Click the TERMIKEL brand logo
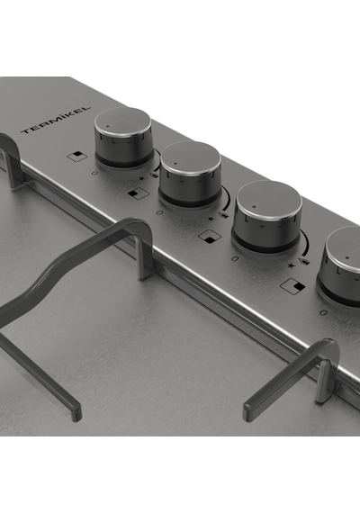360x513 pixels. click(x=56, y=120)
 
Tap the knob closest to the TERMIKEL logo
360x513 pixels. click(x=123, y=137)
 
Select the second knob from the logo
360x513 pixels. click(x=190, y=175)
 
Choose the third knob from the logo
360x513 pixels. click(x=267, y=217)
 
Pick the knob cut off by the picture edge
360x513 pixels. click(x=339, y=265)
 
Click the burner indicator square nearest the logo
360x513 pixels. click(x=76, y=156)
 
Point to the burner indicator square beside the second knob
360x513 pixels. click(x=139, y=193)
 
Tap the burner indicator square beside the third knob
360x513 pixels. click(x=210, y=237)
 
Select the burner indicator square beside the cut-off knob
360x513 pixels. click(x=292, y=286)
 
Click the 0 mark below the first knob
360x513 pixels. click(x=94, y=173)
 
